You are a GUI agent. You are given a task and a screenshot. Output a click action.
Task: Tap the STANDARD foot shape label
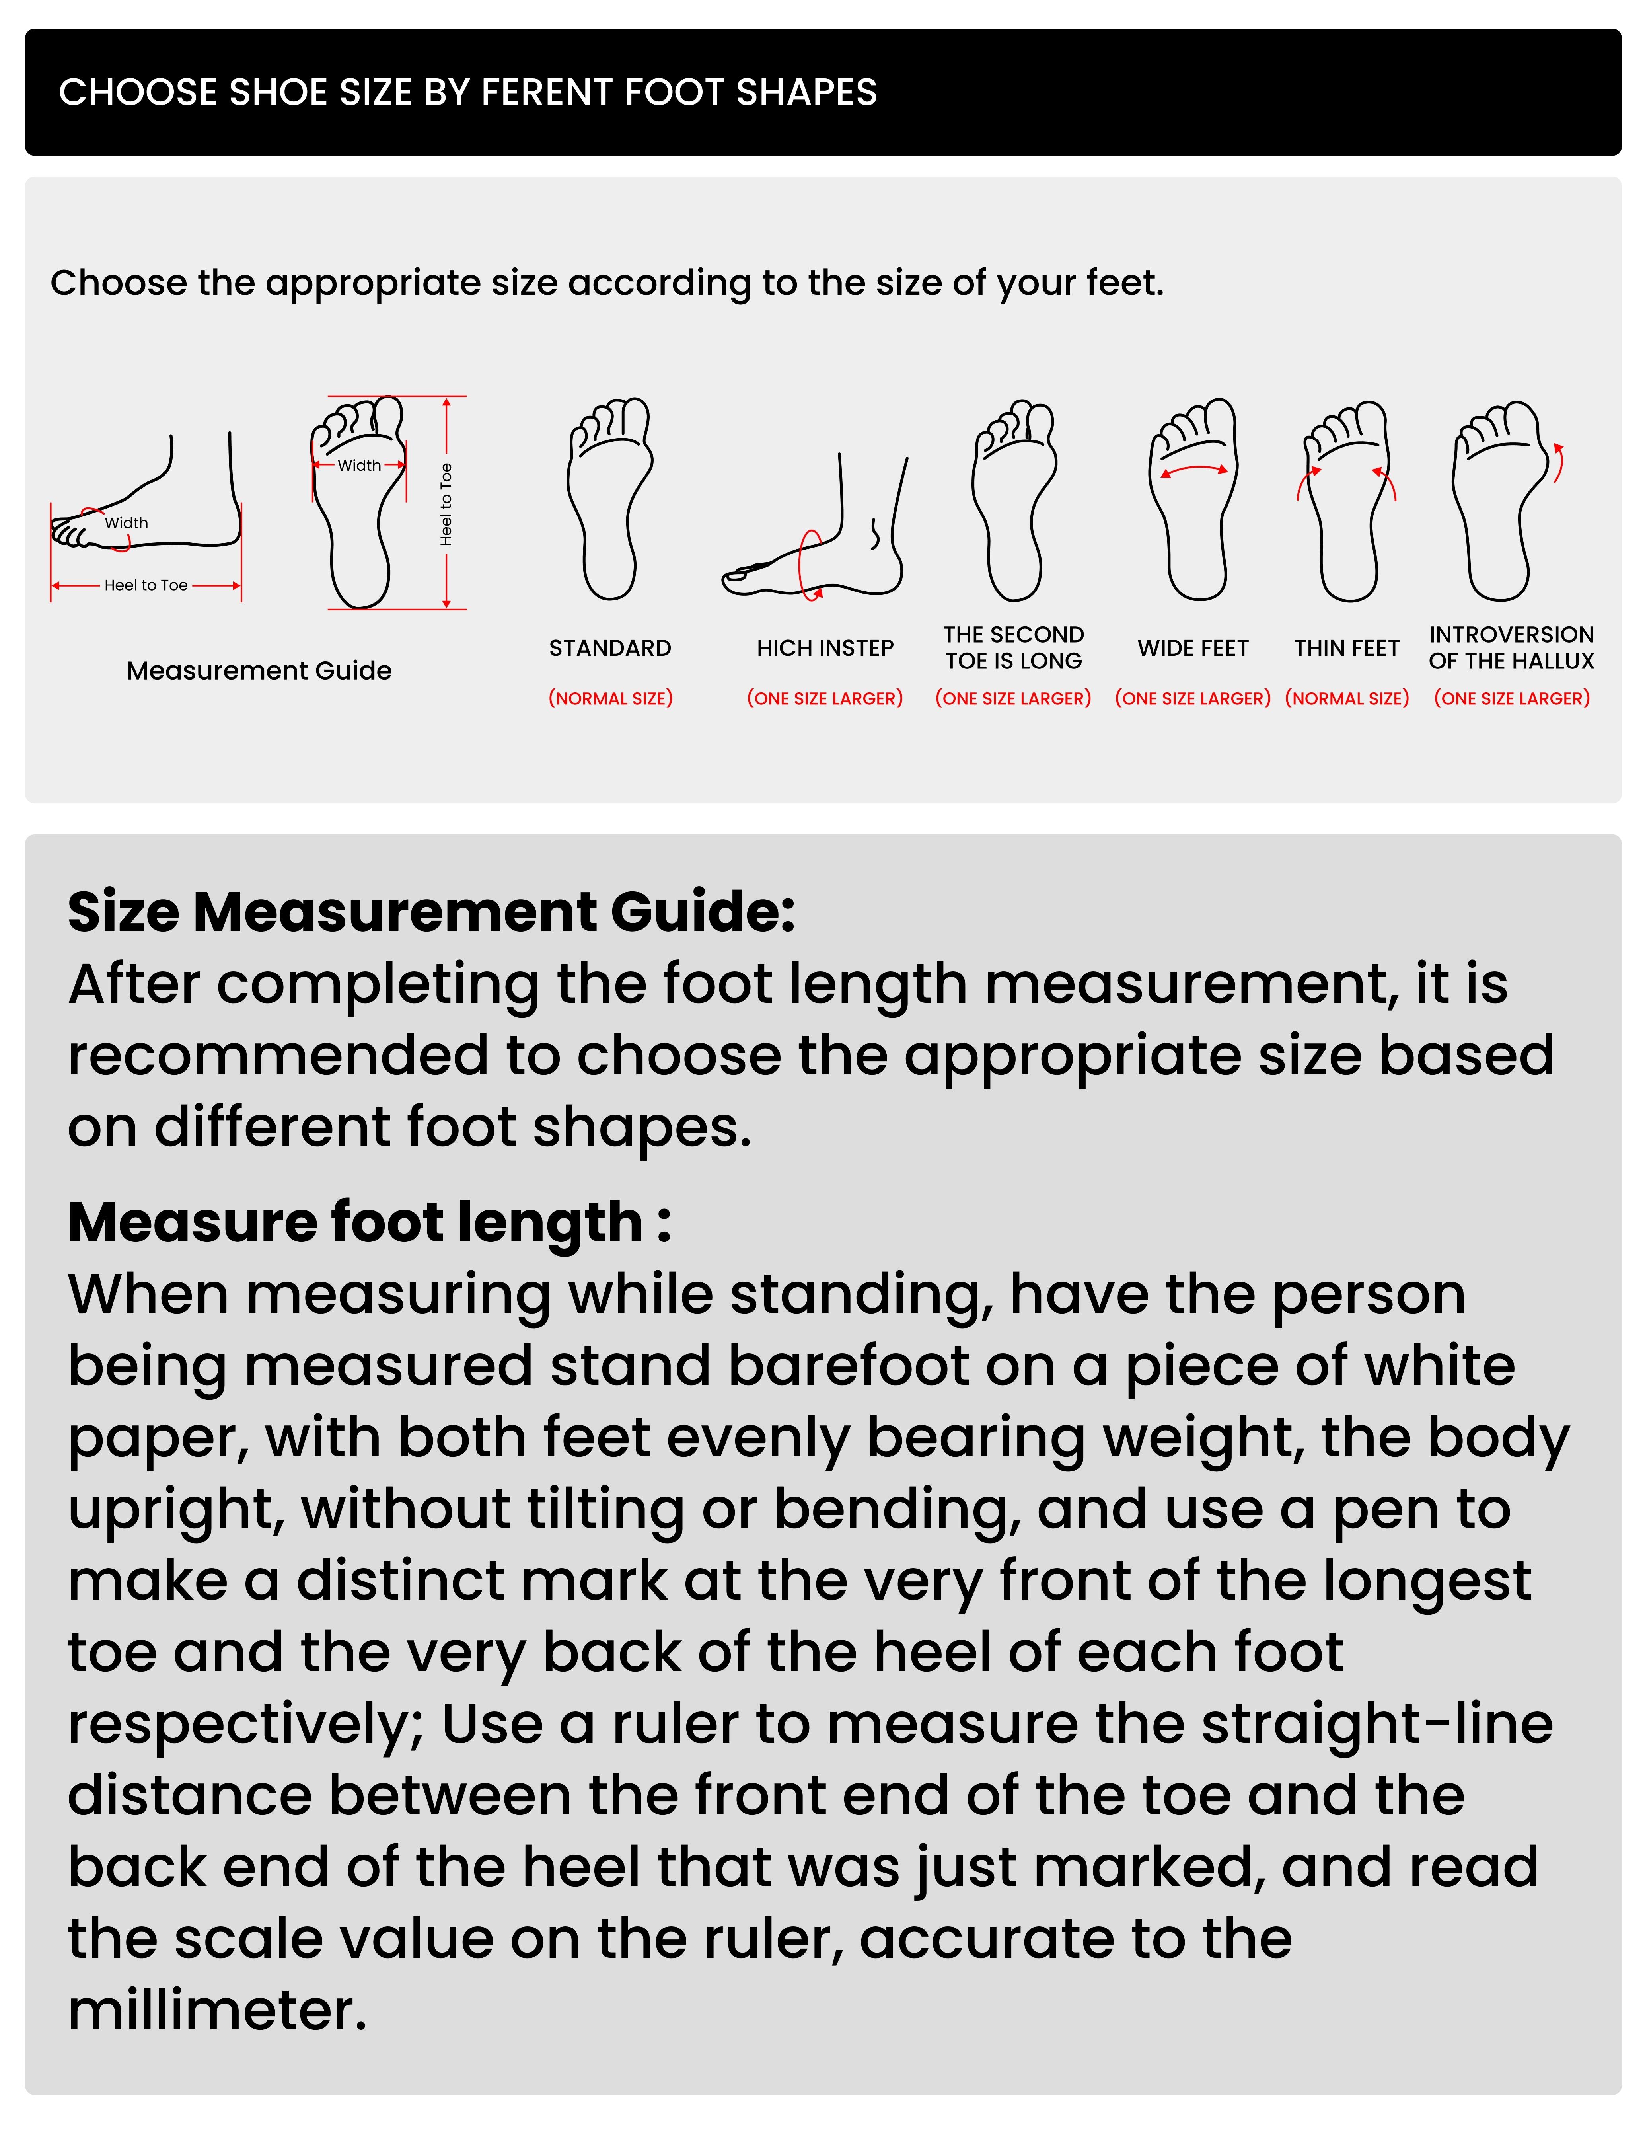[610, 648]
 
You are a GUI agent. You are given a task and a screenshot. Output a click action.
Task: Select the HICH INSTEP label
[825, 648]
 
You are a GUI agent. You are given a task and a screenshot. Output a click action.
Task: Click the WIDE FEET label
[1193, 648]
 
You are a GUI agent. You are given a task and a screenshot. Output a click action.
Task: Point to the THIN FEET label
[1347, 648]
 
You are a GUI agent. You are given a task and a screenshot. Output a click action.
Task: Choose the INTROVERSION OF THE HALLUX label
[1511, 648]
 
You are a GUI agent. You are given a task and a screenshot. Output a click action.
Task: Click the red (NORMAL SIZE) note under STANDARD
[610, 698]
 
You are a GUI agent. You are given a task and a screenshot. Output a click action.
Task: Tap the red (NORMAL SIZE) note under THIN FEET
[1347, 698]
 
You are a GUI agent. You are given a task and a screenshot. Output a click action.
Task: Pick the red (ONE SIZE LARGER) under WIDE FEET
[1193, 698]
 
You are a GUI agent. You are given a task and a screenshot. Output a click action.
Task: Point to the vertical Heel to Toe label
[446, 504]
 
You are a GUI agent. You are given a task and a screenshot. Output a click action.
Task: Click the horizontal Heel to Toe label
[146, 585]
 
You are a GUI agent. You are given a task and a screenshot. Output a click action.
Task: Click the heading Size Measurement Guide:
[430, 912]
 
